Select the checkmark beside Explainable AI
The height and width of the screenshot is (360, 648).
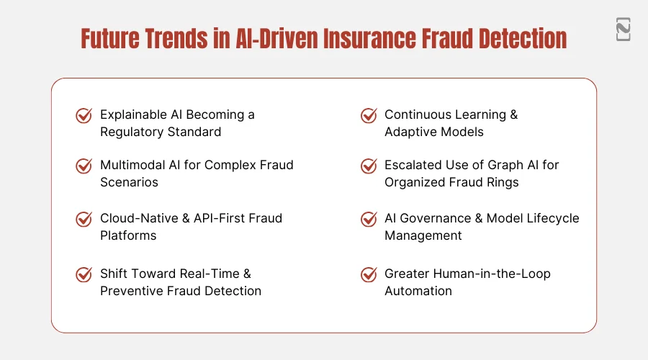(84, 115)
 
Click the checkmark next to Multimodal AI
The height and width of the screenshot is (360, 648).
(84, 166)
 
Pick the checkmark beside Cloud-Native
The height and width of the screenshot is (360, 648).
(84, 219)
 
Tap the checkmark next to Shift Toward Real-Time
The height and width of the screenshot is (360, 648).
(84, 274)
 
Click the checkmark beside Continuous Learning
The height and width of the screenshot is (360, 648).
(369, 115)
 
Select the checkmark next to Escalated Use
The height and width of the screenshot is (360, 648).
(369, 166)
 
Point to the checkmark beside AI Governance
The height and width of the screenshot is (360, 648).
(369, 219)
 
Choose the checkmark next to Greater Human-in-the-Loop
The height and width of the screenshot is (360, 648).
(369, 274)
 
